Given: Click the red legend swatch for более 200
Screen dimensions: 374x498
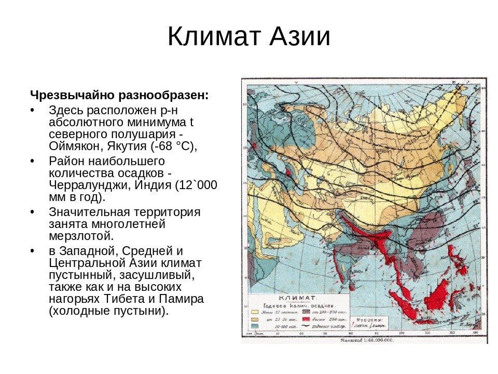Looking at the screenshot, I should [x=307, y=318].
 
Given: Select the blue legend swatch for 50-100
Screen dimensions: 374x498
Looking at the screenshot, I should [x=255, y=326].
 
